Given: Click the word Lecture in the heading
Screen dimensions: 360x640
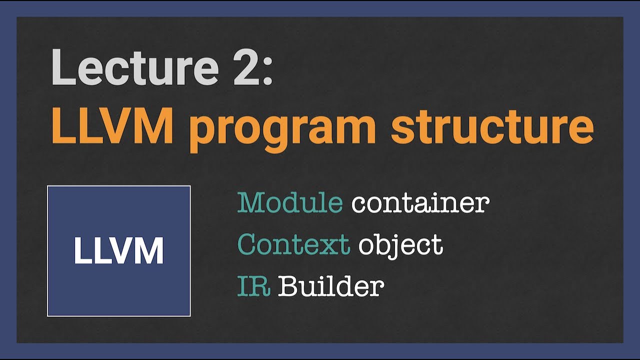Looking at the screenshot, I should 135,68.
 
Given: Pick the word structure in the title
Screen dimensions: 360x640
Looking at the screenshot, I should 492,128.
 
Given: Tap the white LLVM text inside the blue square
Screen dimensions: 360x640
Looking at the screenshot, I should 119,251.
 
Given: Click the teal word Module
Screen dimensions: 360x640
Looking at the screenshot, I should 290,203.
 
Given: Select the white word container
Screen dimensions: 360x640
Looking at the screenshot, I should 420,203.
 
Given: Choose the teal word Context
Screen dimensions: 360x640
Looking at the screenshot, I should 293,244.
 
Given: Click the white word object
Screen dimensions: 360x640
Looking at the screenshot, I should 400,245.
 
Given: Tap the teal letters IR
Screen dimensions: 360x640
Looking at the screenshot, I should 254,286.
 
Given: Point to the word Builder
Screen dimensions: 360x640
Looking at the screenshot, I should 331,286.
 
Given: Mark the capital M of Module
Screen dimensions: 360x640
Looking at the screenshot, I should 250,203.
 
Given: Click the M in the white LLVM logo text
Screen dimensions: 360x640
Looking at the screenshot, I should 149,251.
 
